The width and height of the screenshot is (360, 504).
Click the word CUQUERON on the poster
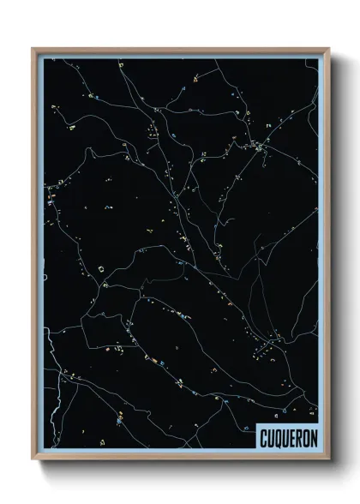tap(287, 436)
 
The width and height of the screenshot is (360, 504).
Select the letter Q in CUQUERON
tap(277, 436)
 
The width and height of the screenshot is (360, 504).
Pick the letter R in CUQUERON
tap(297, 436)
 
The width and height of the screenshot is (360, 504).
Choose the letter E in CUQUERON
tap(291, 436)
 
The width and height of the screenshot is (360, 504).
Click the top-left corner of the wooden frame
tap(33, 49)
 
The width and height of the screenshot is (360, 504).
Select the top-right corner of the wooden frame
tap(328, 49)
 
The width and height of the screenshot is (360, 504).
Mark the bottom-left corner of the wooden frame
tap(33, 459)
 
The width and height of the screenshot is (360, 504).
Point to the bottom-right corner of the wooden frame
tap(328, 459)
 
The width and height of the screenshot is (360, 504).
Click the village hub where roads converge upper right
tap(260, 148)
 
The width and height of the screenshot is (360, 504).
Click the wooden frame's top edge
tap(180, 50)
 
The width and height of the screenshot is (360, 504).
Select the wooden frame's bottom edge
tap(180, 459)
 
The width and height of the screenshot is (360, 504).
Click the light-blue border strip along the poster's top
tap(180, 56)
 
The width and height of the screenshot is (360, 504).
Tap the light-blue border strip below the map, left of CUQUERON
tap(146, 452)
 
